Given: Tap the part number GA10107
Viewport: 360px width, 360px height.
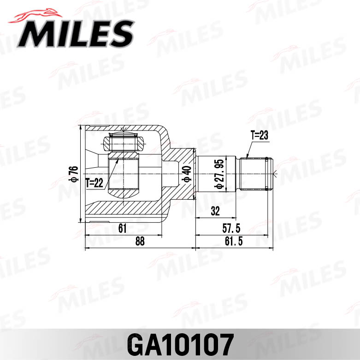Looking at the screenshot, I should click(179, 343).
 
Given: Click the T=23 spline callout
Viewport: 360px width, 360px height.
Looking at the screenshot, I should click(259, 136).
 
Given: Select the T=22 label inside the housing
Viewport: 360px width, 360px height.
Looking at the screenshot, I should click(94, 183).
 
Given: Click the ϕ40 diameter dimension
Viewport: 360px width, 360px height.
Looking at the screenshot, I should click(186, 174).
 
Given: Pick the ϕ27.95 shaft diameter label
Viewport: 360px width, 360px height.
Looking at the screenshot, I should click(219, 174).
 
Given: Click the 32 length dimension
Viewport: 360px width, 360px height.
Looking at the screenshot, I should click(214, 211).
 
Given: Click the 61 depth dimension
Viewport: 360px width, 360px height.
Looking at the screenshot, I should click(123, 227).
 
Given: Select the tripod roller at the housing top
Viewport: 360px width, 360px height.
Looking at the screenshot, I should click(123, 140).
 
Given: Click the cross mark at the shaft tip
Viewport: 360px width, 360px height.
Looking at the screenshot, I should click(275, 174).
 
